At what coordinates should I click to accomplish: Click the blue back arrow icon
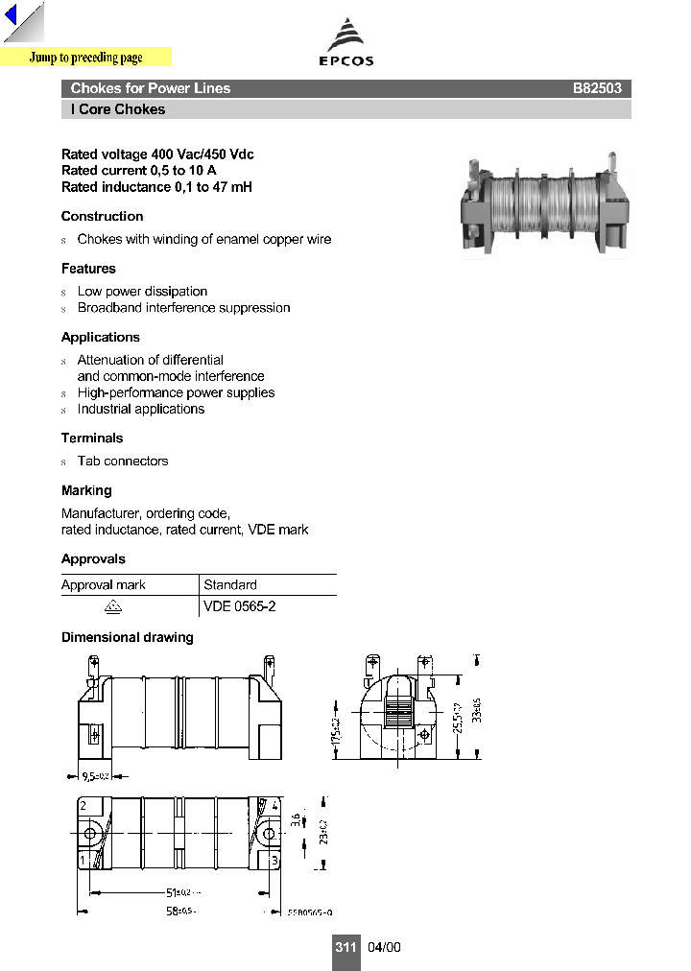pos(12,18)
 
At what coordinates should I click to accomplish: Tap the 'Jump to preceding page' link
pos(85,58)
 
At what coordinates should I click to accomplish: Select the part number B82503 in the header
pos(597,88)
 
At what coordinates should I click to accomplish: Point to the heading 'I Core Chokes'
pos(117,109)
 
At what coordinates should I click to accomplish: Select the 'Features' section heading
pos(88,269)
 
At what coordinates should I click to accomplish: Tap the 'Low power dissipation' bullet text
pos(142,292)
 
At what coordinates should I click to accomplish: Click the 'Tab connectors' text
pos(123,462)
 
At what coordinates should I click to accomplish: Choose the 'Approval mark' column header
pos(104,585)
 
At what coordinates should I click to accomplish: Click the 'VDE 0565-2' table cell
pos(240,606)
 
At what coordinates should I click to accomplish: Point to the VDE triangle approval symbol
pos(112,606)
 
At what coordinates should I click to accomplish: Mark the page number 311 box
pos(345,947)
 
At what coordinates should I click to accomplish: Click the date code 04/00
pos(384,947)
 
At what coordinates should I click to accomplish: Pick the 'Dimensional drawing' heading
pos(127,638)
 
